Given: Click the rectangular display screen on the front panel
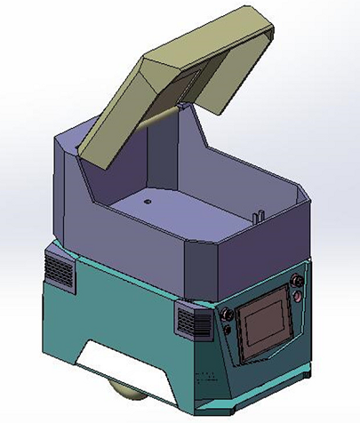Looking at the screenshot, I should click(266, 324).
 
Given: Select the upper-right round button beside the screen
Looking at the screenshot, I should click(297, 283).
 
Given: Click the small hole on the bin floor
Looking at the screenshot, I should click(148, 202).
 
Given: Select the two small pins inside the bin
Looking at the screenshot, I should click(258, 214).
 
